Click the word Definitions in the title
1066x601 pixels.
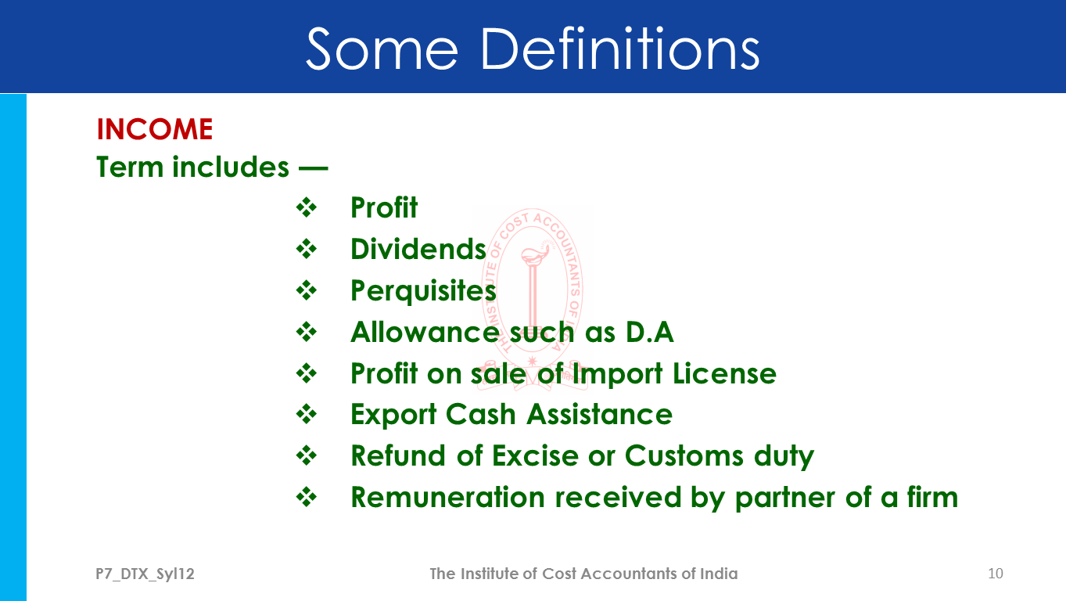click(x=620, y=49)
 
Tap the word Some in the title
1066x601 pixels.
click(x=382, y=49)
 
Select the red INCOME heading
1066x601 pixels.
click(x=155, y=129)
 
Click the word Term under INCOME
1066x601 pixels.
click(x=130, y=167)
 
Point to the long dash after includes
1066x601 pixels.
click(x=313, y=168)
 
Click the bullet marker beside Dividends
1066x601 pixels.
click(x=307, y=249)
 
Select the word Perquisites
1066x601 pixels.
click(x=423, y=290)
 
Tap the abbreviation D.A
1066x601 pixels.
click(x=650, y=332)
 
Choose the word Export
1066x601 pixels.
click(x=393, y=415)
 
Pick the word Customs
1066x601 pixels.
click(x=684, y=455)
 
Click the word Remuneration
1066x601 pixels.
click(x=448, y=497)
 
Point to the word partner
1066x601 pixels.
click(x=785, y=498)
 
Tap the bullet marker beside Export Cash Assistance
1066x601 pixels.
click(x=307, y=414)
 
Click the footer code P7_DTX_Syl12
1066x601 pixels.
click(x=145, y=574)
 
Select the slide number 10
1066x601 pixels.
click(x=996, y=574)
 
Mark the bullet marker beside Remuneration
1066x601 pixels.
click(x=307, y=497)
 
